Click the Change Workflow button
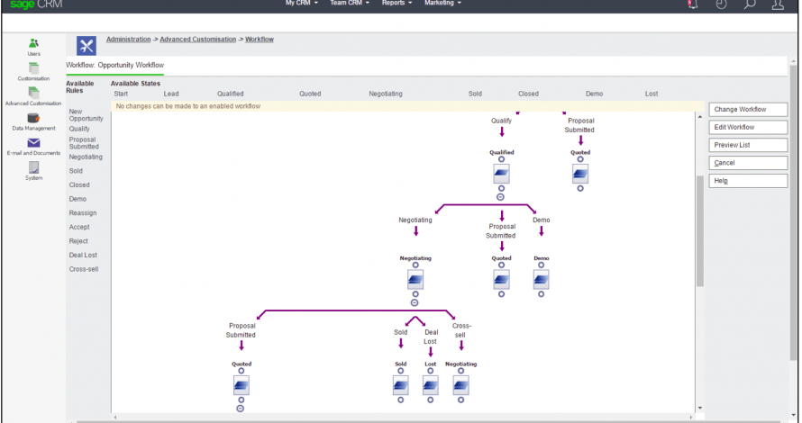748,109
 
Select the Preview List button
748,145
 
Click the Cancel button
748,163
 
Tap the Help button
748,181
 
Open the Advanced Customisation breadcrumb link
198,40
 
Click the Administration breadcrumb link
128,40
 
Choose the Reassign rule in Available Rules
83,213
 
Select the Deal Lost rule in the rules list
83,255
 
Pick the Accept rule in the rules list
79,227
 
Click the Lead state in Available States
171,94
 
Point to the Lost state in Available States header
652,94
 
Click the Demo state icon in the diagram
542,280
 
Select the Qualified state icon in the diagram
501,175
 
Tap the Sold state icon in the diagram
400,386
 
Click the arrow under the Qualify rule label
502,131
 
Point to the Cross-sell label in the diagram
460,330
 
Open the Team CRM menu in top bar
350,3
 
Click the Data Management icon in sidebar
33,118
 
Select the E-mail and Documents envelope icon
33,142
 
